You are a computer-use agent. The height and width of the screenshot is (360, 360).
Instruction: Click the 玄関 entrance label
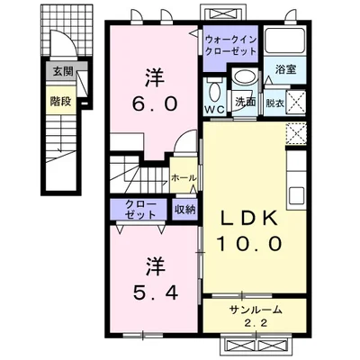pos(63,71)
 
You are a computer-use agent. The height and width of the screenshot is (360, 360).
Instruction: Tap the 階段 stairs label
pos(60,102)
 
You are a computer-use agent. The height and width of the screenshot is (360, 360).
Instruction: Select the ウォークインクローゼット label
pos(230,45)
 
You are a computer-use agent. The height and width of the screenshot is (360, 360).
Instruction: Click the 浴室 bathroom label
pos(285,70)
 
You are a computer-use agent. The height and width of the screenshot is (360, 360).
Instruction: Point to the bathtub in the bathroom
pos(285,40)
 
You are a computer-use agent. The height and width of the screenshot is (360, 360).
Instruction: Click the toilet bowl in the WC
pos(214,92)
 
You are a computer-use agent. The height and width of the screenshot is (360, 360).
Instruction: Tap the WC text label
pos(215,110)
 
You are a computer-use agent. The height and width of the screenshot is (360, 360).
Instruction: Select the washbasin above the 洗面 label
pos(245,76)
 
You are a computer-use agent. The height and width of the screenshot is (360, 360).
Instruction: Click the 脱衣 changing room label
pos(274,103)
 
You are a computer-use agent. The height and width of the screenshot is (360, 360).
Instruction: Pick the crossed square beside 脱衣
pos(296,102)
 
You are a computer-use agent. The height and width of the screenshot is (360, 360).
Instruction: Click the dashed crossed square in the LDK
pos(296,133)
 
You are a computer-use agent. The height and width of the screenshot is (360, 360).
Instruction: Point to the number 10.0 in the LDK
pos(249,243)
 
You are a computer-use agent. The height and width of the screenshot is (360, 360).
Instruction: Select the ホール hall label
pos(184,178)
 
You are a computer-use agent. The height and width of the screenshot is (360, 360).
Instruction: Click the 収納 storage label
pos(185,210)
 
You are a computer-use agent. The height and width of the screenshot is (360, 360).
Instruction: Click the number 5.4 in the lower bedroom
pos(156,292)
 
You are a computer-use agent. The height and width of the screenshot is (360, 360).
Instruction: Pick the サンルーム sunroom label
pos(256,310)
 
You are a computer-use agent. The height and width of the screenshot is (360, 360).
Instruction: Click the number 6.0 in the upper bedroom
pos(155,104)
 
